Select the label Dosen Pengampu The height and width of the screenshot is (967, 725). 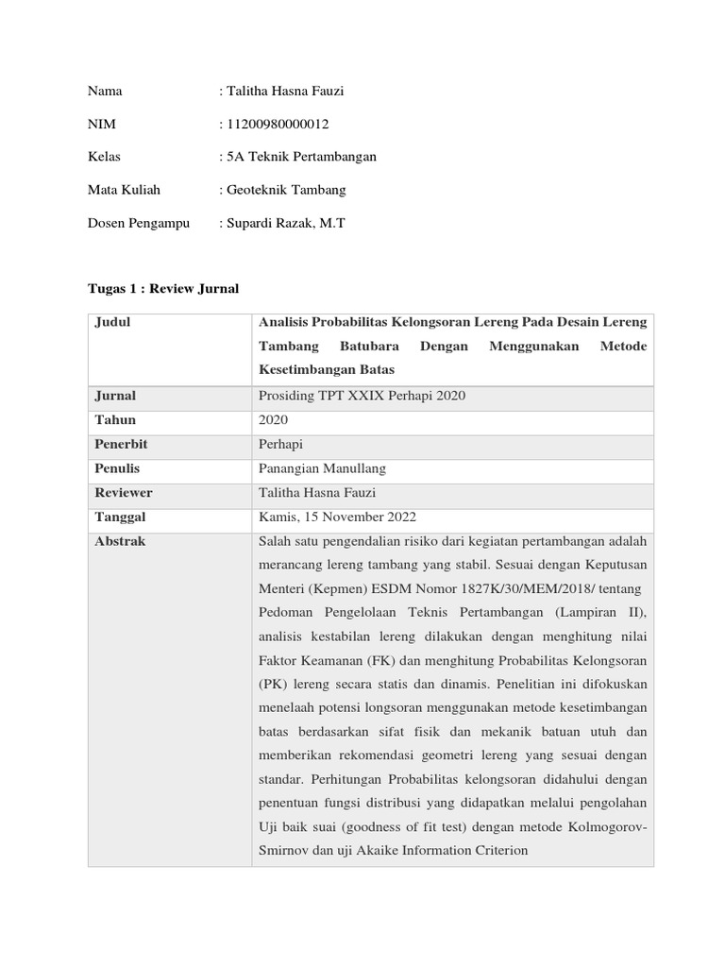coord(138,223)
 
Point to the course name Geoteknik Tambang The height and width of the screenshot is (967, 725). coord(284,190)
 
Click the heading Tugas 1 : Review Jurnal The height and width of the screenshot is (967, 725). coord(162,288)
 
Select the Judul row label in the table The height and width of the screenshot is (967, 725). coord(112,322)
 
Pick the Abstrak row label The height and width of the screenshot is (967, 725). coord(120,542)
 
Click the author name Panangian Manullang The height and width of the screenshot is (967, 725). coord(322,468)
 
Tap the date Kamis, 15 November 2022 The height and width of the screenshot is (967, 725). coord(336,517)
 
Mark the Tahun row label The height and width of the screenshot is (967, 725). coord(115,419)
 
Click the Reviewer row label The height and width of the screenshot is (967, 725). coord(124,493)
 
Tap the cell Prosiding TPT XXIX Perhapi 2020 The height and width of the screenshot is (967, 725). coord(361,396)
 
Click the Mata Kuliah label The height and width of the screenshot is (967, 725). coord(124,190)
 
